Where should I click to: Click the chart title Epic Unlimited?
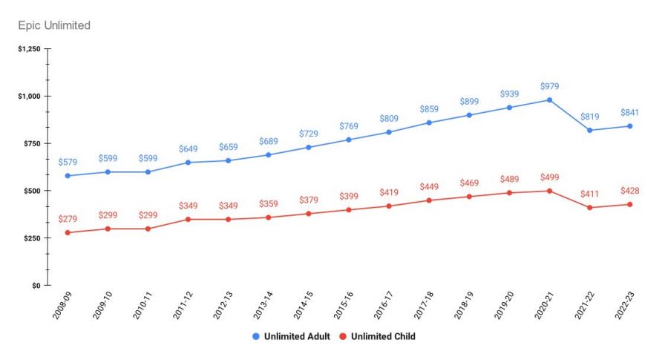click(x=54, y=25)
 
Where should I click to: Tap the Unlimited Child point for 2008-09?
click(x=68, y=232)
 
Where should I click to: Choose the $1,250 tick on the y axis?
click(x=30, y=49)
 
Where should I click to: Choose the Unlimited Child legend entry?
click(x=377, y=336)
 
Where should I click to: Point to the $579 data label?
click(x=68, y=162)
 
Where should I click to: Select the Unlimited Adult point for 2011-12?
click(x=188, y=162)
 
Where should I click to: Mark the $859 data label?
click(x=430, y=109)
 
